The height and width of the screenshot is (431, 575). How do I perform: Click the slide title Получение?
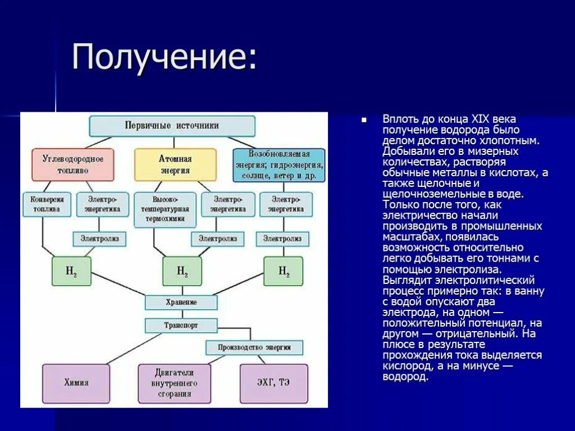point(164,57)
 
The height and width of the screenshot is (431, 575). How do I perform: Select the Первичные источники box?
point(172,126)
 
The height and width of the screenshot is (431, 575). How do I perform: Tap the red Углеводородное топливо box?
point(73,164)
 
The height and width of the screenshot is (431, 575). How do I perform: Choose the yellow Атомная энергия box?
point(175,164)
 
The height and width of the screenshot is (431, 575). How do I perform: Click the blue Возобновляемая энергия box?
point(279,165)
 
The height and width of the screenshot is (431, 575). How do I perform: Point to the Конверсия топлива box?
point(47,205)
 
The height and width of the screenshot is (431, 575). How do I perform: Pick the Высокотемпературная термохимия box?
point(165,209)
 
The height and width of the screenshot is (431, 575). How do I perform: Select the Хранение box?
point(181,302)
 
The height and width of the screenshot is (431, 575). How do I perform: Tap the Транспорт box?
point(181,325)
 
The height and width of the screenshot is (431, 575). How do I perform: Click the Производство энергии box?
point(254,347)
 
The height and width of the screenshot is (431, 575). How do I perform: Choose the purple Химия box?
point(76,383)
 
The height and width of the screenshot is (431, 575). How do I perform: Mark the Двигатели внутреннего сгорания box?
point(174,383)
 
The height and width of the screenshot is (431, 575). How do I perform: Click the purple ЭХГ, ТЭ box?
point(274,383)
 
